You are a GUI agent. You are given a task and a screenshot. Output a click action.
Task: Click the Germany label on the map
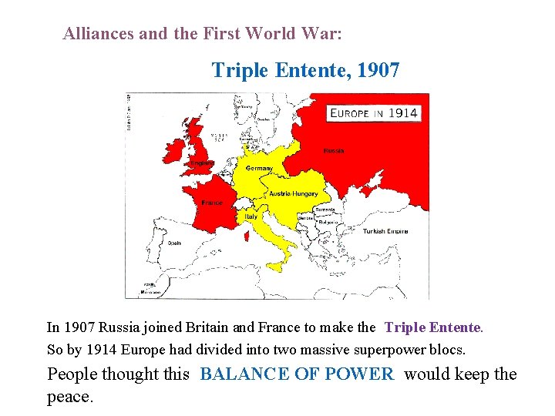point(259,169)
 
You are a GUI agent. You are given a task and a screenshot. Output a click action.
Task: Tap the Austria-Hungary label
point(294,193)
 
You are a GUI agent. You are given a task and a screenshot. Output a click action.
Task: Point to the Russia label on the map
point(334,150)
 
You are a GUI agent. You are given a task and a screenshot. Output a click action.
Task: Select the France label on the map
point(212,203)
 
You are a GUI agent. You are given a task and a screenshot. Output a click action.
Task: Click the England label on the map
point(203,163)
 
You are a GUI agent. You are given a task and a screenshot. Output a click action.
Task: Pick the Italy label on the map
point(251,216)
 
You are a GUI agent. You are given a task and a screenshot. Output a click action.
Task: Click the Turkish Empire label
point(385,231)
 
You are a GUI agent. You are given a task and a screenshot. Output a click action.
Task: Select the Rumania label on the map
point(325,210)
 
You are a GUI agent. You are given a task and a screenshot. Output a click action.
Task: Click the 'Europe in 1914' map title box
point(374,112)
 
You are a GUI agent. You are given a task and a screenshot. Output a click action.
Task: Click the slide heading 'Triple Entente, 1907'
point(305,71)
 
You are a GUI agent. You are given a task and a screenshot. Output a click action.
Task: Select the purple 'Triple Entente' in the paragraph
point(432,327)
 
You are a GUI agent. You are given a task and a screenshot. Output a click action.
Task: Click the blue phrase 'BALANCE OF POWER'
point(297,374)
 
